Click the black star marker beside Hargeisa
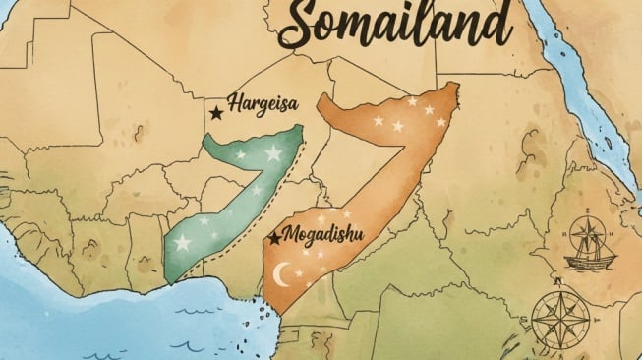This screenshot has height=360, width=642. coord(216,114)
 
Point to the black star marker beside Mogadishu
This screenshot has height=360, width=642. coord(274,238)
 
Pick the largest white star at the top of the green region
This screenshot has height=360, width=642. coord(273,153)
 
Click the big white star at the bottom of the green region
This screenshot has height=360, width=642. coord(183,242)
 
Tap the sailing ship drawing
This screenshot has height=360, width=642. coord(590,244)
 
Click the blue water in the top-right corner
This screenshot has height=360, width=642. coord(600,39)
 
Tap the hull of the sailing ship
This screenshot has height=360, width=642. coord(589,260)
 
